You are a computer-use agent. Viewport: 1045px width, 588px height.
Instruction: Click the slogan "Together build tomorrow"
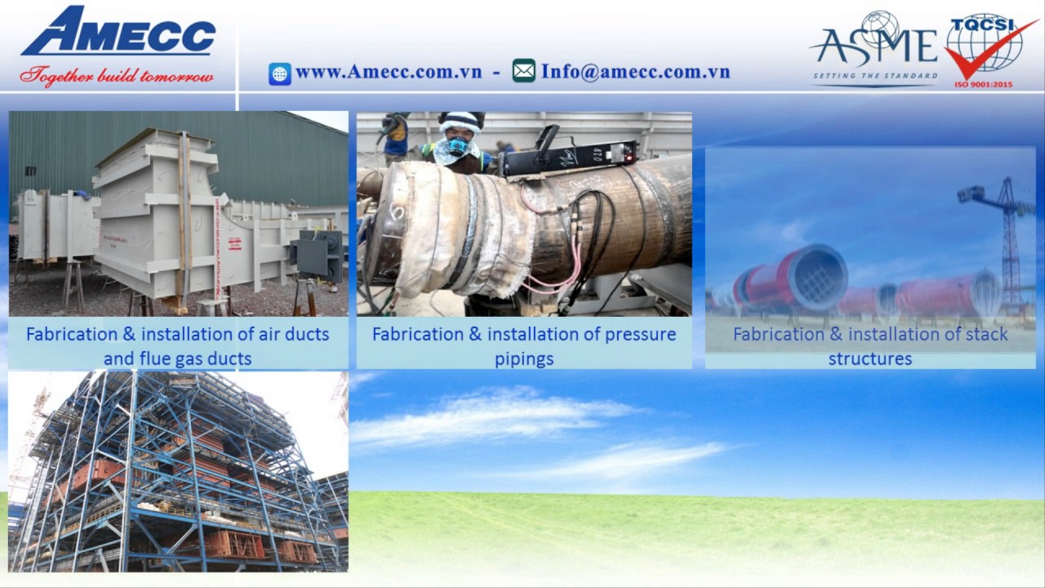point(117,76)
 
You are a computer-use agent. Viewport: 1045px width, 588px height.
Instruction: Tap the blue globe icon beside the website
point(280,73)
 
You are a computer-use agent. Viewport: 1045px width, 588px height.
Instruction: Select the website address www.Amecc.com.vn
point(388,72)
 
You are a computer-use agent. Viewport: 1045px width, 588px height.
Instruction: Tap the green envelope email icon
point(524,72)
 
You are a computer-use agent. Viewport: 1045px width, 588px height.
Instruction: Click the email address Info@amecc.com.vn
point(635,72)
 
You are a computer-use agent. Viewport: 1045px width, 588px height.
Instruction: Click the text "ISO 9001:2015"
point(983,83)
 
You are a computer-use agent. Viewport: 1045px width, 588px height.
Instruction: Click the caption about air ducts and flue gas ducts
point(178,345)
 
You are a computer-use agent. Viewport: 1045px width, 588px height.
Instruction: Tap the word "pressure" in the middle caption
point(640,334)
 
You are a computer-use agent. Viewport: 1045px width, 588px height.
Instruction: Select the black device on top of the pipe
point(567,155)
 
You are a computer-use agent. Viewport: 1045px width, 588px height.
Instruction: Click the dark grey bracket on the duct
point(318,255)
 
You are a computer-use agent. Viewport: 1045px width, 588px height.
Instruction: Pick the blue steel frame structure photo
point(178,471)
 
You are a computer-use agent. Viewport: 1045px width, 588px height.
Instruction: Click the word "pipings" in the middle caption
point(524,359)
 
